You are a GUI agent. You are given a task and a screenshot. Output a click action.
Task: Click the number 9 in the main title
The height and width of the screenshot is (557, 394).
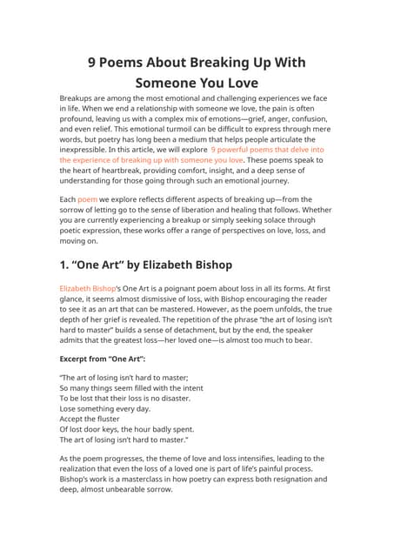pos(95,63)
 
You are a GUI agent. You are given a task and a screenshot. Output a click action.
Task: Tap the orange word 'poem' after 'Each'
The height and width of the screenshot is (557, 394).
pos(87,199)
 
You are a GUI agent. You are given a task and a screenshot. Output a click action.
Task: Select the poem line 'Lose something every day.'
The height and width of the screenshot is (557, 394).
pos(104,408)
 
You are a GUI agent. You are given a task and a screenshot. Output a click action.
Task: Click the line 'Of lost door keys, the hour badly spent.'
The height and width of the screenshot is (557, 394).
pos(126,429)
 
